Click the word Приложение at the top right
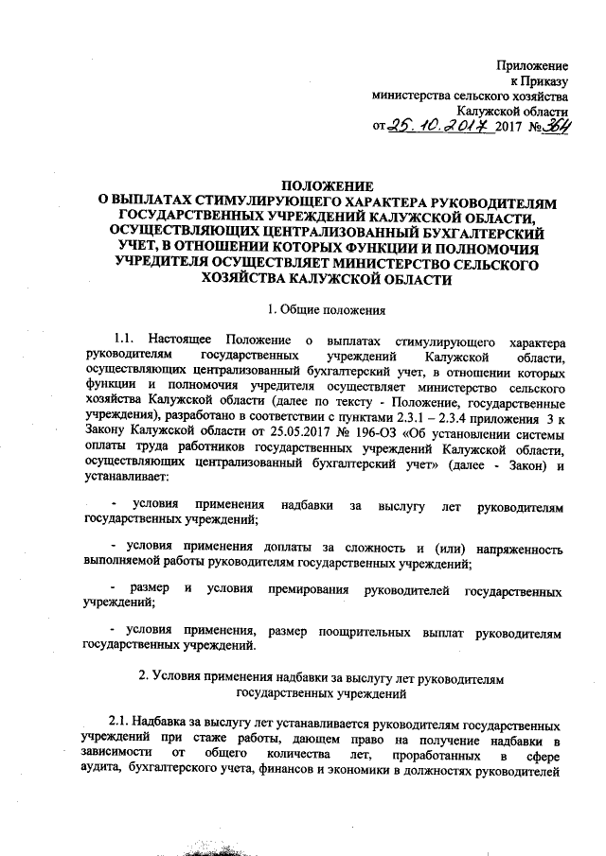pyautogui.click(x=534, y=65)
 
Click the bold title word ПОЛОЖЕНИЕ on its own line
pyautogui.click(x=329, y=186)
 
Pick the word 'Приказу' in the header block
pyautogui.click(x=544, y=80)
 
